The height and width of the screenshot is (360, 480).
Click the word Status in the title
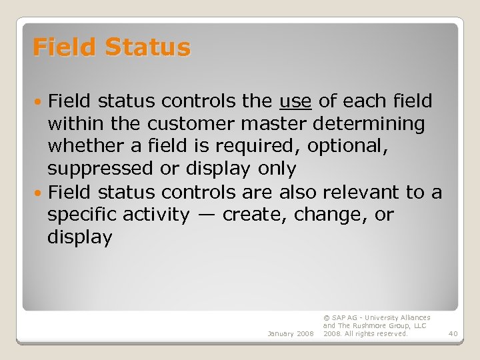coord(147,47)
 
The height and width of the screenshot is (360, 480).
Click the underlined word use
coord(295,101)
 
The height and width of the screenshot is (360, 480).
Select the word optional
coord(353,147)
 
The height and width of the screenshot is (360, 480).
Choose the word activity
coord(161,215)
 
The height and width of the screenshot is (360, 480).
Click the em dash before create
coord(206,215)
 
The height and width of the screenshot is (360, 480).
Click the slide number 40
coord(453,333)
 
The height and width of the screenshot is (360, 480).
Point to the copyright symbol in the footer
coord(326,318)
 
